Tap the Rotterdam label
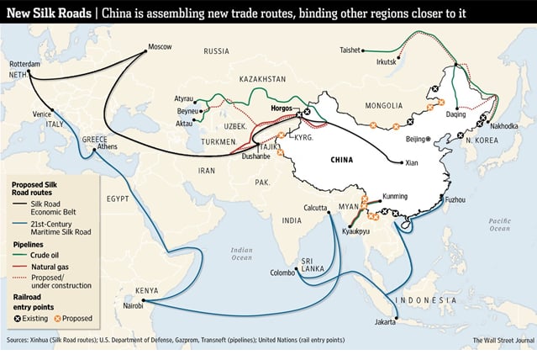pyautogui.click(x=24, y=63)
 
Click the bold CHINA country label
pyautogui.click(x=346, y=159)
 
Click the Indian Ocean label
pyautogui.click(x=242, y=253)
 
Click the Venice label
pyautogui.click(x=43, y=114)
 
